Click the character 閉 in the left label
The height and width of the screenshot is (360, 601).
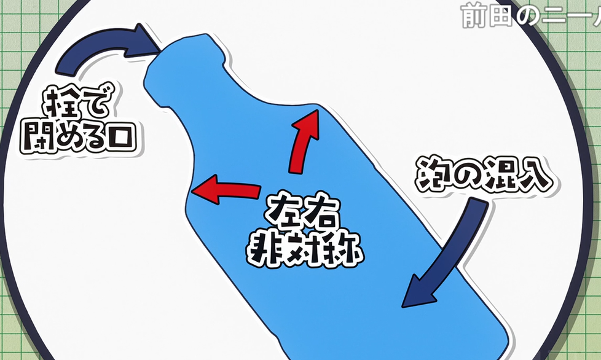tap(36, 138)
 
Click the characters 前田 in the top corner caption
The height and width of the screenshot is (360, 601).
tap(485, 16)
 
